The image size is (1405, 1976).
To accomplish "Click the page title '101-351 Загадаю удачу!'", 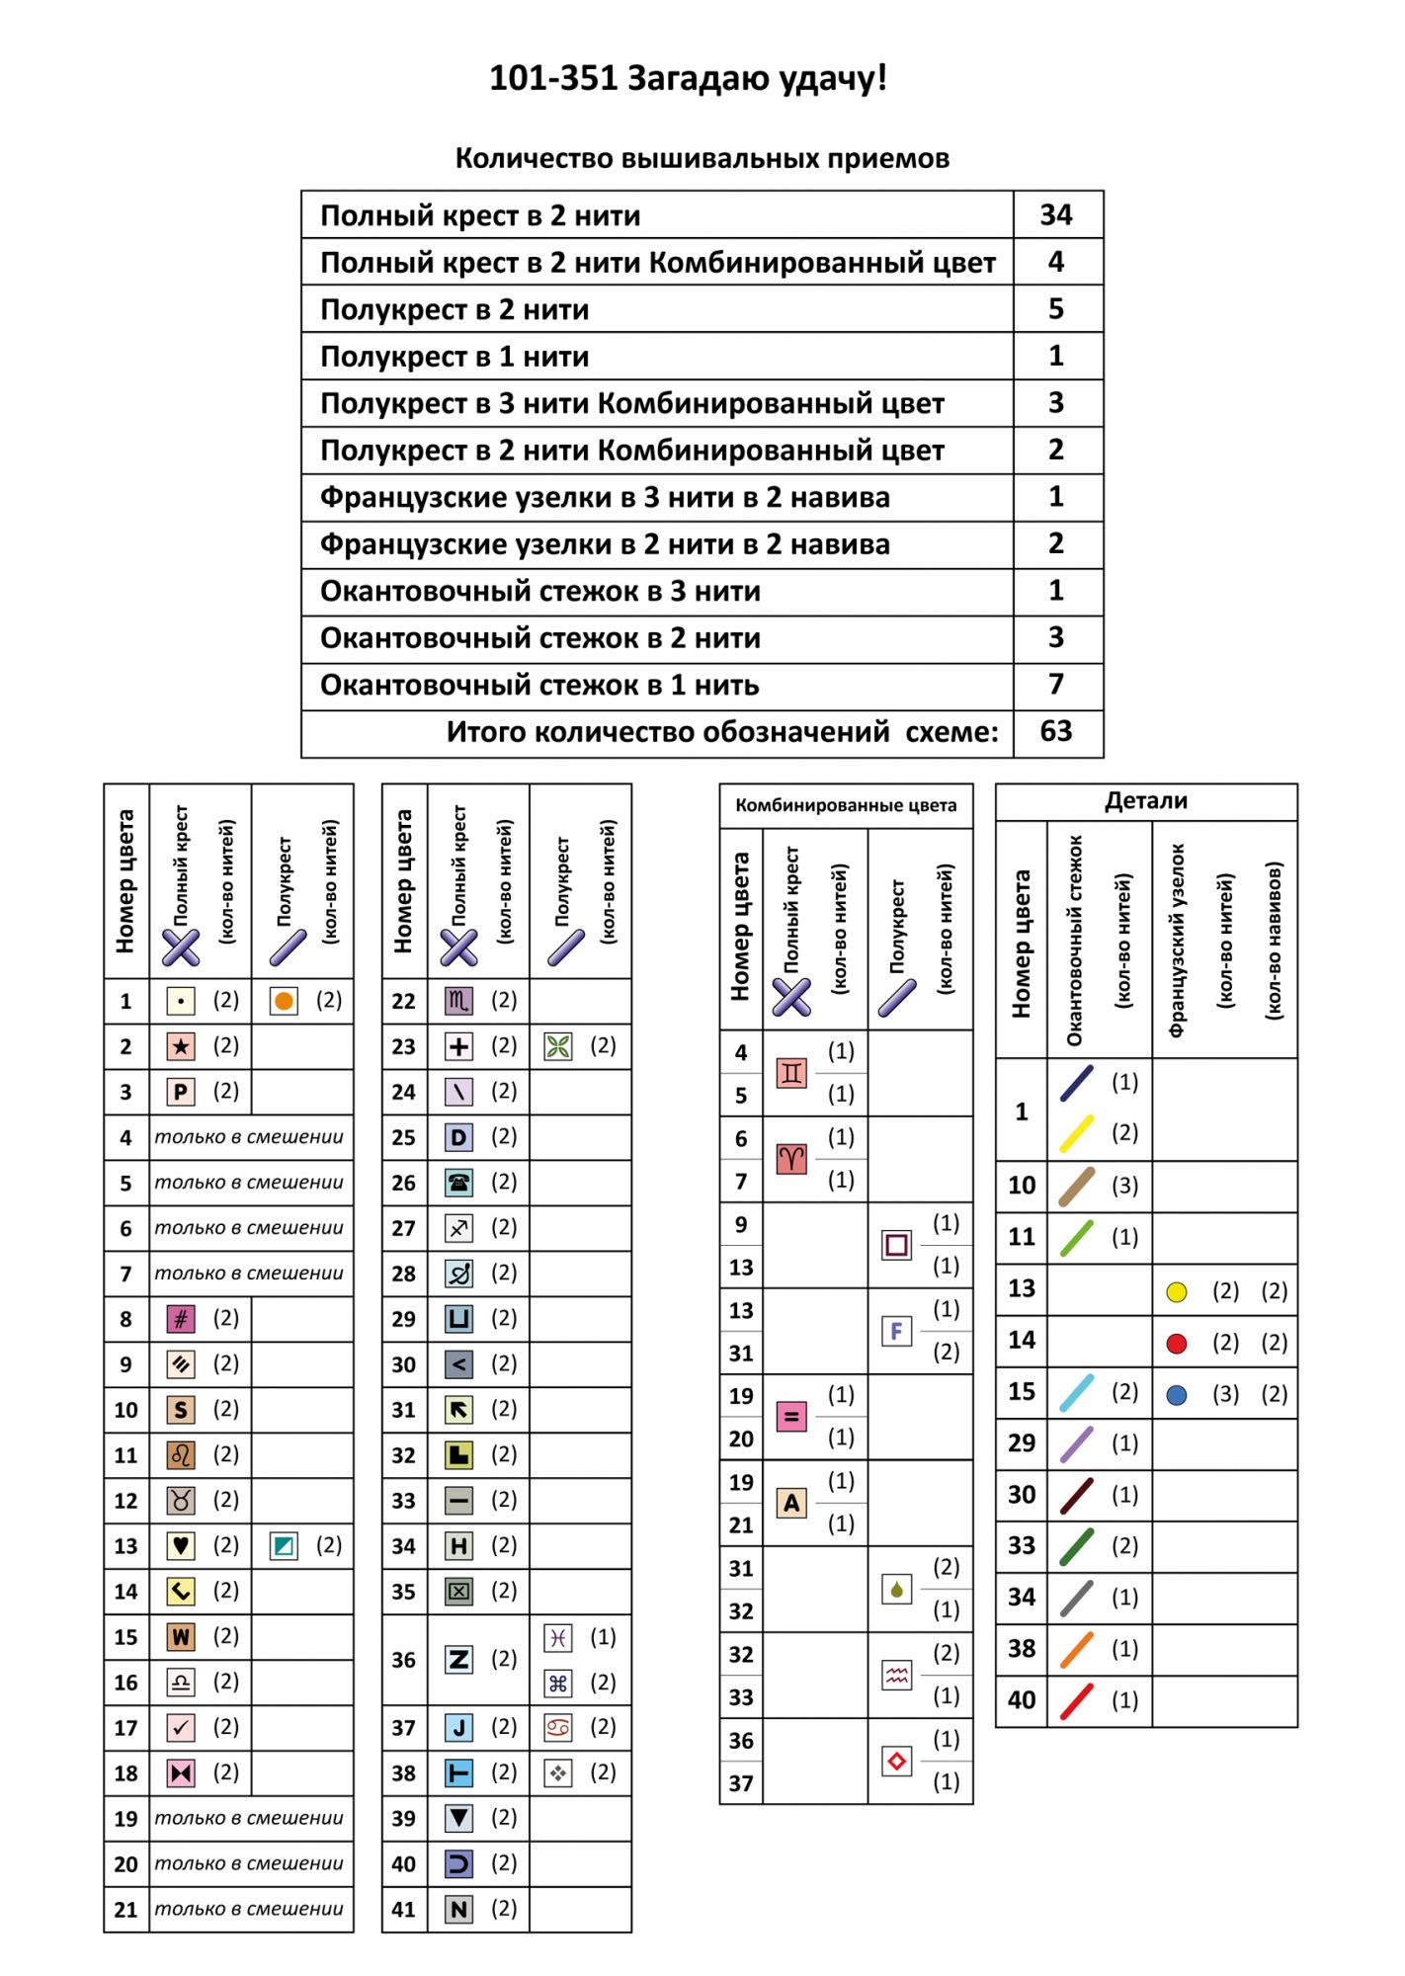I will (x=688, y=78).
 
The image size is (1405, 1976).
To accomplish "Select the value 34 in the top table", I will (x=1055, y=214).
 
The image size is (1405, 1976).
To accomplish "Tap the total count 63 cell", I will (x=1055, y=731).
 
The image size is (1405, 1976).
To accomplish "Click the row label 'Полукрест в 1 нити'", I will (x=455, y=357).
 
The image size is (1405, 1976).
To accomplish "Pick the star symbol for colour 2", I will (x=180, y=1046).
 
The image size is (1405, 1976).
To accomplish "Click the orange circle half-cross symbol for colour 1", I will (x=284, y=1001).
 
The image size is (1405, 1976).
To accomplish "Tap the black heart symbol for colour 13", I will (x=180, y=1545).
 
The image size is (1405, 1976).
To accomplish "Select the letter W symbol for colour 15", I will (x=180, y=1637).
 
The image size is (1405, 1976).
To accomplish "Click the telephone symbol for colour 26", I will (x=458, y=1183).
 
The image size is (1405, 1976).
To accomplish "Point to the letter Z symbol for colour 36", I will (x=458, y=1659).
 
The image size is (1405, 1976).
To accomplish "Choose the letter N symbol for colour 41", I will (x=458, y=1909).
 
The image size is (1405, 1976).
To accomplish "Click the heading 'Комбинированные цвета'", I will (x=846, y=805).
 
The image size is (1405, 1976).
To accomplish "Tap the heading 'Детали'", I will (x=1146, y=801).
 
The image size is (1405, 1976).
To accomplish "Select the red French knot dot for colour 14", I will (x=1176, y=1343).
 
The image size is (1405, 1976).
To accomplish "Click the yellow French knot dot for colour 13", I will (x=1176, y=1291).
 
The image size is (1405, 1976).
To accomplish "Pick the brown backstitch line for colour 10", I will (x=1077, y=1186).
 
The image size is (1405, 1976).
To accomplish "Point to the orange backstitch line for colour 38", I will (x=1077, y=1649).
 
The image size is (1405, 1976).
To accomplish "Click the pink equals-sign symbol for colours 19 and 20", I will (x=791, y=1417).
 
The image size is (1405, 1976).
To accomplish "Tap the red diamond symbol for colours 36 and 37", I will (x=896, y=1761).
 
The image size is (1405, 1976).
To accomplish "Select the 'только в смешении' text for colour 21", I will (x=249, y=1909).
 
